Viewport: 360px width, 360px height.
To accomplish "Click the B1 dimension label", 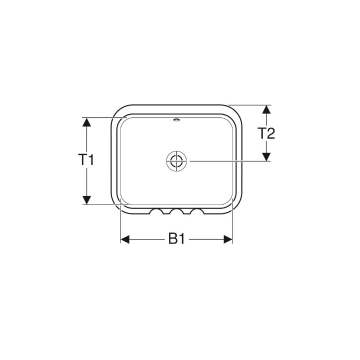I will tap(176, 239).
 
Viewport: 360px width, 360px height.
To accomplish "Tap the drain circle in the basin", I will tap(175, 161).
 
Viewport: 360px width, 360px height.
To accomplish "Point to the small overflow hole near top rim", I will tap(176, 120).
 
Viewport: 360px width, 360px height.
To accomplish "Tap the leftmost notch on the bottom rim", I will tap(157, 213).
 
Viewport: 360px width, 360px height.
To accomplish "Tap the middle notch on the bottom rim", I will tap(176, 213).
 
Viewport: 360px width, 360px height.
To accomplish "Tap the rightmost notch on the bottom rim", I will tap(196, 213).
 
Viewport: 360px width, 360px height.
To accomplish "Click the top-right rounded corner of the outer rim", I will tap(237, 111).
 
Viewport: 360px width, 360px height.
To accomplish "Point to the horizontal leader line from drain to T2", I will tap(225, 161).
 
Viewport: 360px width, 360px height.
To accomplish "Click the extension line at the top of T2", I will tap(250, 105).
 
